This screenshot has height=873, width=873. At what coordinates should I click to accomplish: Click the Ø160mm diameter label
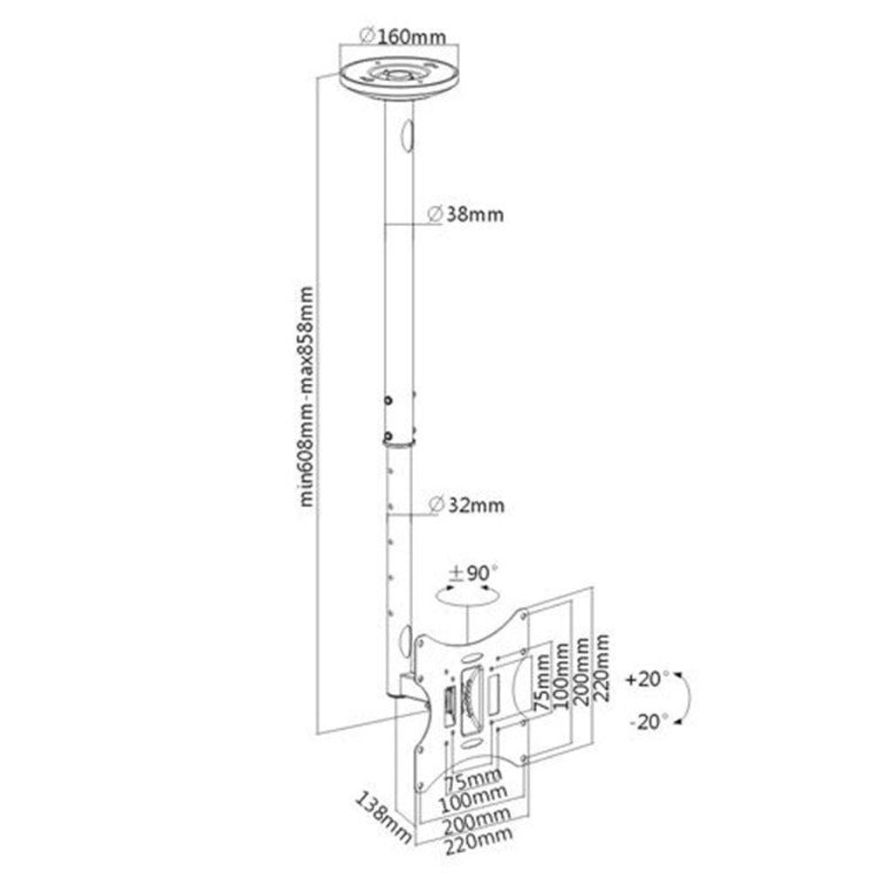pyautogui.click(x=402, y=37)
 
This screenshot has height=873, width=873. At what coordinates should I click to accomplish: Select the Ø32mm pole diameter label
pyautogui.click(x=466, y=505)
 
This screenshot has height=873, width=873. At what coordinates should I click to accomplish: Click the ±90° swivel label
pyautogui.click(x=472, y=574)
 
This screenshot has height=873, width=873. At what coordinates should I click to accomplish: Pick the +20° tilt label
pyautogui.click(x=647, y=677)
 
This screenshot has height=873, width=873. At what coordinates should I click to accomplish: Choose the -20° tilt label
pyautogui.click(x=647, y=720)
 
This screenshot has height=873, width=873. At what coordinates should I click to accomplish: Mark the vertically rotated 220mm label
pyautogui.click(x=601, y=669)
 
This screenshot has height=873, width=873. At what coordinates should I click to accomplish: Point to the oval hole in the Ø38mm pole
pyautogui.click(x=405, y=135)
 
